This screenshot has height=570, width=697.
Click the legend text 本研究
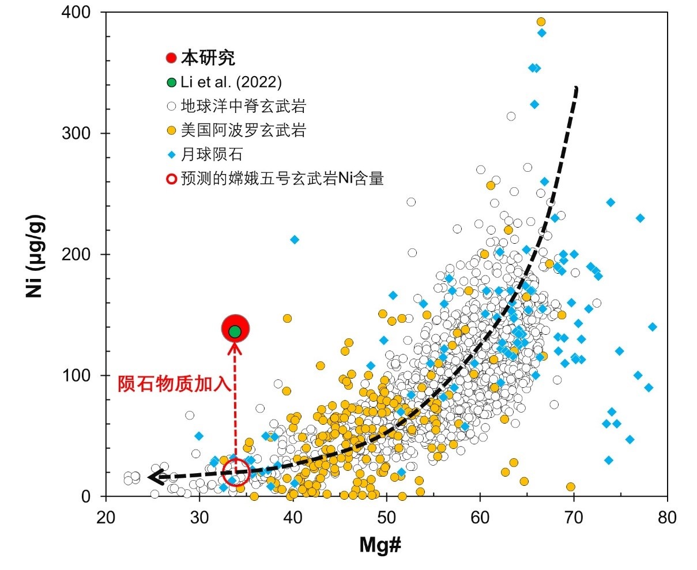coord(208,58)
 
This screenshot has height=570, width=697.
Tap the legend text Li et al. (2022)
coord(231,82)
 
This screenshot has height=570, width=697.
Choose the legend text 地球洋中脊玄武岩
coord(243,106)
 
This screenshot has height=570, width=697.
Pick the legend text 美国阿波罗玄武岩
coord(243,130)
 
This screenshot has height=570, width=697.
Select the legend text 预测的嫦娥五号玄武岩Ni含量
coord(282,179)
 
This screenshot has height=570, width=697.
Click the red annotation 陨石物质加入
coord(174,384)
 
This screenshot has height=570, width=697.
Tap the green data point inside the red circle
coord(235,331)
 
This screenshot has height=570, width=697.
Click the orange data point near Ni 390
coord(541,22)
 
